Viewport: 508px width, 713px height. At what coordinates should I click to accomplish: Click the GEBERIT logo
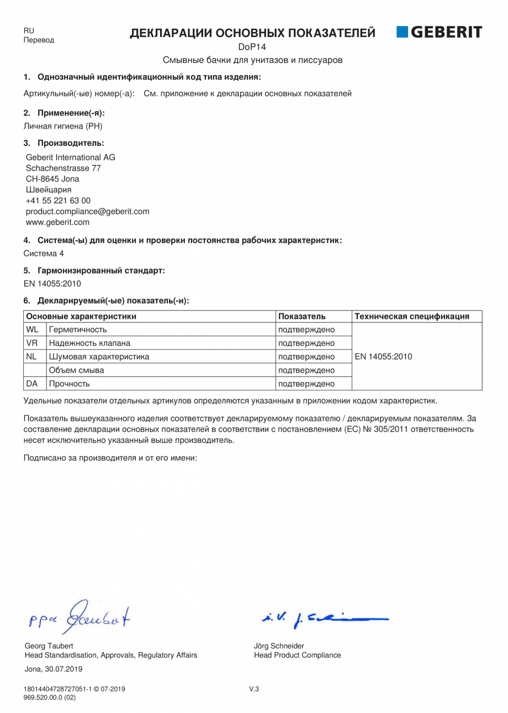(x=439, y=33)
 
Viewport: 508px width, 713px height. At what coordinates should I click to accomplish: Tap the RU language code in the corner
(x=29, y=31)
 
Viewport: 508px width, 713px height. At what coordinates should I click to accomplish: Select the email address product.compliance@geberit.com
(x=87, y=211)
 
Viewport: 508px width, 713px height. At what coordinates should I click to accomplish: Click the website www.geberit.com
(x=57, y=222)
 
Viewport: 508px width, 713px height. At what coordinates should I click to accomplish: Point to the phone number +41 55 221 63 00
(x=58, y=201)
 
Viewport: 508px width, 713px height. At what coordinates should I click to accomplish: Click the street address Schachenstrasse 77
(x=63, y=168)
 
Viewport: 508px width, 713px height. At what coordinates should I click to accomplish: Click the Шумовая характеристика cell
(x=99, y=356)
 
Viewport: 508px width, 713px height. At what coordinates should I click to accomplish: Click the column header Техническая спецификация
(x=412, y=317)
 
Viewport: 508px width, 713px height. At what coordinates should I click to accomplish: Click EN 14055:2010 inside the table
(x=383, y=356)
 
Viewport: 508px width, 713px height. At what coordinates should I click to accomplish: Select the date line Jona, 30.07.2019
(x=54, y=668)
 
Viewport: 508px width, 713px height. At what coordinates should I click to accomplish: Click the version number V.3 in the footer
(x=254, y=689)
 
